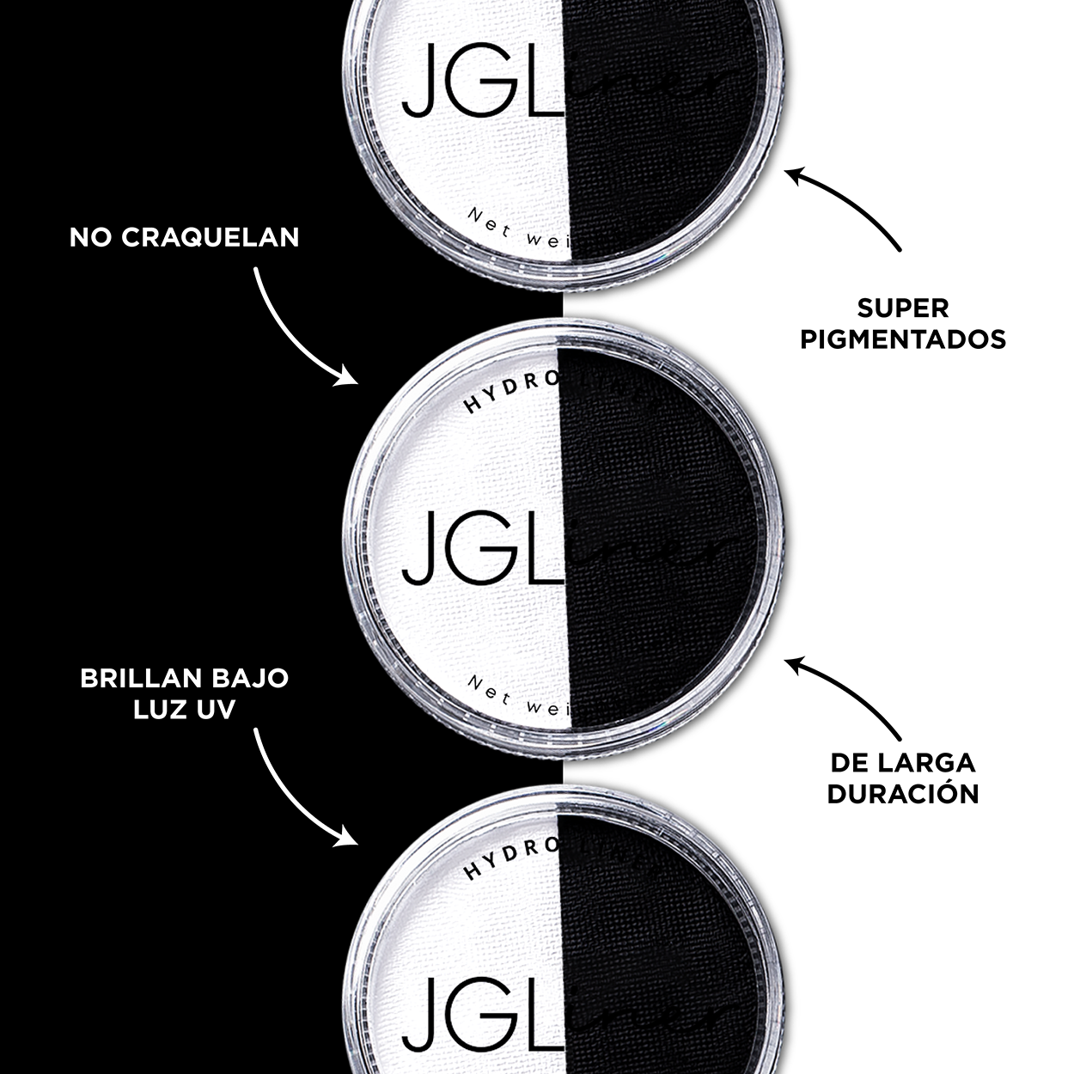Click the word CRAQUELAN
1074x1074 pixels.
[211, 237]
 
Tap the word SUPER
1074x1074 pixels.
[902, 308]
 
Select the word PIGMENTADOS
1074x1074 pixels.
[903, 339]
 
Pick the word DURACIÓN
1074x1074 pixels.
[903, 793]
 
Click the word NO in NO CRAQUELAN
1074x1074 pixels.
[92, 237]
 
